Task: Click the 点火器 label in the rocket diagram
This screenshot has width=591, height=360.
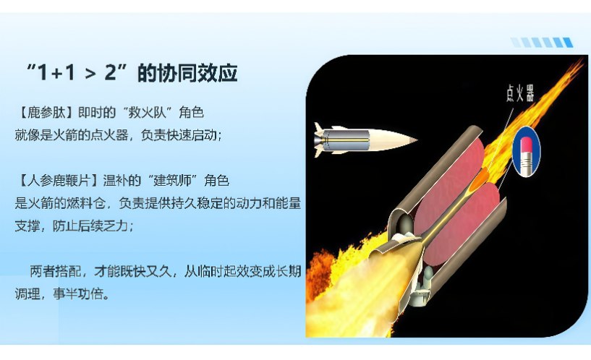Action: pyautogui.click(x=520, y=93)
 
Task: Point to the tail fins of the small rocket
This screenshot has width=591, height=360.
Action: pyautogui.click(x=320, y=140)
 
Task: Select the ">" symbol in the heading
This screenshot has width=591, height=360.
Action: pyautogui.click(x=90, y=74)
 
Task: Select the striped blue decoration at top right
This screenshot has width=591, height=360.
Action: pyautogui.click(x=542, y=42)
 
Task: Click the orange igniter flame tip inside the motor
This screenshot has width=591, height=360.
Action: pyautogui.click(x=481, y=178)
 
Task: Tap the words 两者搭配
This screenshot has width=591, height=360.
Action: pyautogui.click(x=56, y=271)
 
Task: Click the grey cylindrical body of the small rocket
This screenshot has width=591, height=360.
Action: pyautogui.click(x=346, y=140)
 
